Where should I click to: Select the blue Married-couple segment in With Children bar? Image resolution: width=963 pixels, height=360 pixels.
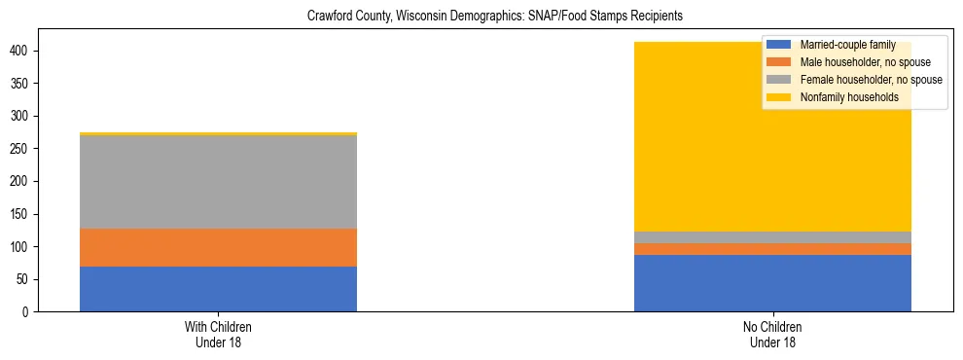(218, 289)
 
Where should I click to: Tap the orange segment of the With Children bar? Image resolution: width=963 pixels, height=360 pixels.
(218, 247)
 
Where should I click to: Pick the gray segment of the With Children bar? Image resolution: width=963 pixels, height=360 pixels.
(218, 182)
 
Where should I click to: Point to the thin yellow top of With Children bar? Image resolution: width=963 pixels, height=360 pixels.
(218, 133)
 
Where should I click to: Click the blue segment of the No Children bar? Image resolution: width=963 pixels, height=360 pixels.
(772, 283)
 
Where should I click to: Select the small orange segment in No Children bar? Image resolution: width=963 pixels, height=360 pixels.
(772, 249)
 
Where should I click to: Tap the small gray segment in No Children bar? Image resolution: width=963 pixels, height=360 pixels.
(772, 237)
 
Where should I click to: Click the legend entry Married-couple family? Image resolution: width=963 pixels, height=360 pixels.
(842, 45)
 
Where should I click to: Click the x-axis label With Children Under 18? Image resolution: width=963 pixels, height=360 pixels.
(218, 334)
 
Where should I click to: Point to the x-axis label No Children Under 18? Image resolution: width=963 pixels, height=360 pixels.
(772, 334)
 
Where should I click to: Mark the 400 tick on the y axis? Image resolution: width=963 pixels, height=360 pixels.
(29, 51)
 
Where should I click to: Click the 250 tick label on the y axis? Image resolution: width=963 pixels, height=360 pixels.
(29, 149)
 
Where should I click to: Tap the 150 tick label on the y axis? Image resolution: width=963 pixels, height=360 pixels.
(29, 214)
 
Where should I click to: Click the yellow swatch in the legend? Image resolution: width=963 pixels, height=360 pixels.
(779, 97)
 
